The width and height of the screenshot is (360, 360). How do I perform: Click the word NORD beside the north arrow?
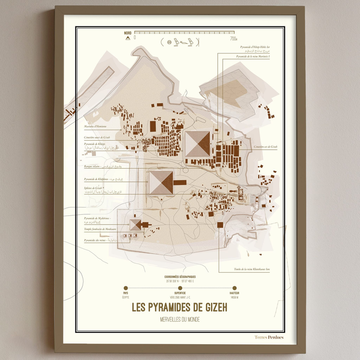(x=128, y=34)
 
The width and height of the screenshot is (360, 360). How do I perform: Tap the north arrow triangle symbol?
(x=128, y=39)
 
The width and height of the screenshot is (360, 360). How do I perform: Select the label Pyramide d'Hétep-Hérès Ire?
(x=255, y=48)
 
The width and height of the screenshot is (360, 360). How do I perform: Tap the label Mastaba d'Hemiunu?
(x=95, y=119)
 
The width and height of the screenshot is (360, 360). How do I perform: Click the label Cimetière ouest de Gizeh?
(x=97, y=137)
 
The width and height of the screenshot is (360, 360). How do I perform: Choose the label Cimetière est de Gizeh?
(x=265, y=146)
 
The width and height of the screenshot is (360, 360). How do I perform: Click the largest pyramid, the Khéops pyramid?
(x=197, y=143)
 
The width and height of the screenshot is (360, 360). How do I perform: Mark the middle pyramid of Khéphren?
(x=161, y=183)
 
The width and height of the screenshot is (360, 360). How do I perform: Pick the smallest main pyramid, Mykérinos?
(x=135, y=224)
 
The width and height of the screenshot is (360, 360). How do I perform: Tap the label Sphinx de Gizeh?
(x=94, y=187)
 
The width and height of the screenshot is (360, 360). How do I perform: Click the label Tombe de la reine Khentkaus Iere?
(x=252, y=269)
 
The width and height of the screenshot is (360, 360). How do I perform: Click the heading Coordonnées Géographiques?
(x=180, y=277)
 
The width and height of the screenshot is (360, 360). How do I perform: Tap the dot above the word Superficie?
(x=180, y=288)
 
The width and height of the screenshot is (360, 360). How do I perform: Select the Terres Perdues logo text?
(x=269, y=337)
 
